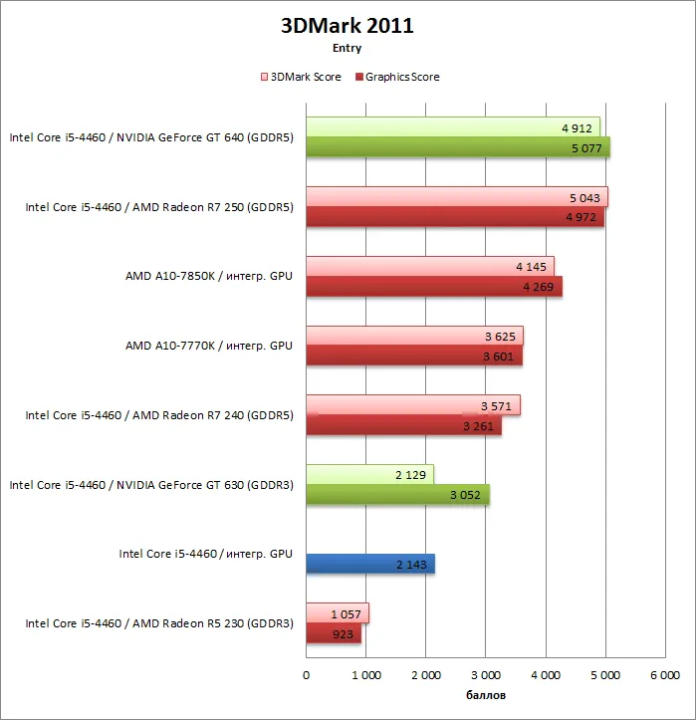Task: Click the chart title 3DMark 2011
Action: click(x=348, y=26)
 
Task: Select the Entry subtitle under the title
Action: click(x=348, y=48)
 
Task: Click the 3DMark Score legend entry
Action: click(x=301, y=77)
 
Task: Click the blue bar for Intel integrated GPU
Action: click(x=370, y=564)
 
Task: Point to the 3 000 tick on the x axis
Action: click(x=486, y=675)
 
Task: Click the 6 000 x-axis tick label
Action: click(x=665, y=675)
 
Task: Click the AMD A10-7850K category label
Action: click(x=209, y=276)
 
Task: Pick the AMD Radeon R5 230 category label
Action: click(x=159, y=623)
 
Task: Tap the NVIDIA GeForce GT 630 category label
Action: click(x=151, y=485)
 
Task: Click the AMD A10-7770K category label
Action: click(x=209, y=346)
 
